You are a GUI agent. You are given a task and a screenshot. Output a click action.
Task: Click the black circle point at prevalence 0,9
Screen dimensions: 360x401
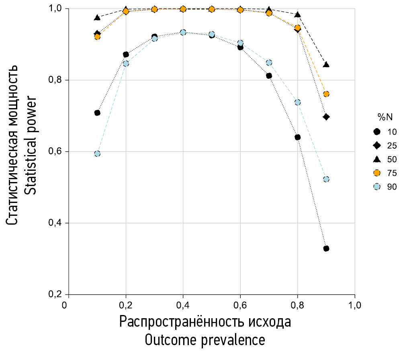326,248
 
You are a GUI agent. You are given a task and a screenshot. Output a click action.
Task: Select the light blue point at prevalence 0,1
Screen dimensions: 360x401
97,153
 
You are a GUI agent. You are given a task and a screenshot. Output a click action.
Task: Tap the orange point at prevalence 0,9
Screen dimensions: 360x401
326,94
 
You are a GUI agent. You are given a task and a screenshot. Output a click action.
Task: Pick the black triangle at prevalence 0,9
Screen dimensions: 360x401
326,64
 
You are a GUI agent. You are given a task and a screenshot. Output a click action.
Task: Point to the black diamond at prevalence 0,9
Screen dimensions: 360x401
326,117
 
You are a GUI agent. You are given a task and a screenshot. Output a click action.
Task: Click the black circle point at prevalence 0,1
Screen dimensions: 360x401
97,112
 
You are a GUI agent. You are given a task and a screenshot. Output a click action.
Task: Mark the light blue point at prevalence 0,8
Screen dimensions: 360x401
298,102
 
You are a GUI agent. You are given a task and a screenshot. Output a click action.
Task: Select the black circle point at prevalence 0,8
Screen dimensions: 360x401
298,137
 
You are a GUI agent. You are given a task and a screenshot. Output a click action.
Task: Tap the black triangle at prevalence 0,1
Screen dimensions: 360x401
97,17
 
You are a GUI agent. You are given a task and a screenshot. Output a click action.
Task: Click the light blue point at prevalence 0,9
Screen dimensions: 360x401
326,179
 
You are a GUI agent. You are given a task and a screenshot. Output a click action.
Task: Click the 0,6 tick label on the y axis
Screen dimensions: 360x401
56,151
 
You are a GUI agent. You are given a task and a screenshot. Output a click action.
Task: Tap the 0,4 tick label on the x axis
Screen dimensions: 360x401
183,305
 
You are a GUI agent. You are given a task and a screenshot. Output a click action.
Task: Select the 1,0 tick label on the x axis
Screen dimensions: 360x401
355,305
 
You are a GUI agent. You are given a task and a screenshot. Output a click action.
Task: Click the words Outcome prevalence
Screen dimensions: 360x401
205,340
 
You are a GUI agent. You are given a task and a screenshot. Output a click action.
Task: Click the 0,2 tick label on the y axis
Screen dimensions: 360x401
56,295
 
